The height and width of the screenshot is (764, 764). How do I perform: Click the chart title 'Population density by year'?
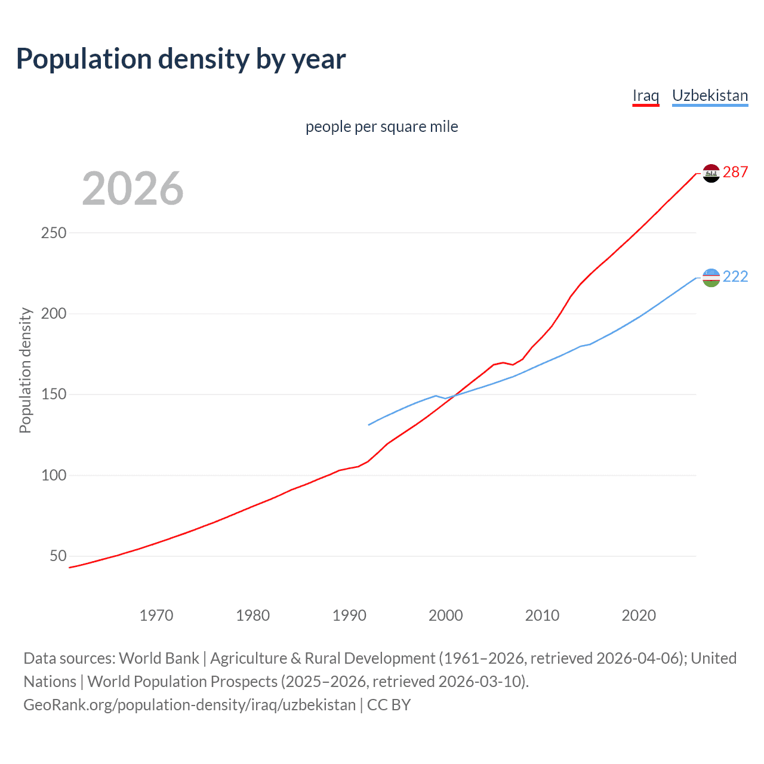click(x=181, y=59)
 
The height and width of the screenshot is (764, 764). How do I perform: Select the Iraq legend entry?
click(x=645, y=95)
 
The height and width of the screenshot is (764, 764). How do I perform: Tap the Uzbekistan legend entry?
click(x=710, y=95)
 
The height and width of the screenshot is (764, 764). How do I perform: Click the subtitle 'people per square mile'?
click(x=381, y=127)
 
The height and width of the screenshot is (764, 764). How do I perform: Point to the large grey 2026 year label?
click(x=133, y=189)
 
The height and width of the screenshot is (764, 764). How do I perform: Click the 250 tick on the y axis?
click(x=54, y=233)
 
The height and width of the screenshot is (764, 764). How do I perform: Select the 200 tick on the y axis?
click(x=54, y=313)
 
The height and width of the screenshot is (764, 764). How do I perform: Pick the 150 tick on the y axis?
click(x=54, y=395)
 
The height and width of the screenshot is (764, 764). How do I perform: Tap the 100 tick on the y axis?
click(x=54, y=475)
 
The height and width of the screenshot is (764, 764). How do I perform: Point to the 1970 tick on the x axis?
click(x=156, y=615)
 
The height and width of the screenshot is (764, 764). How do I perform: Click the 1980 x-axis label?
click(x=252, y=615)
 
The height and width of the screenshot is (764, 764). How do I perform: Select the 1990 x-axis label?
click(x=349, y=615)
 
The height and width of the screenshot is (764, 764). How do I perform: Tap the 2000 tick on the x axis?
click(x=446, y=615)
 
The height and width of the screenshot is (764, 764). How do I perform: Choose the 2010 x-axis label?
click(x=542, y=615)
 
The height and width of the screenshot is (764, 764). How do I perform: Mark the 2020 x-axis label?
click(x=639, y=615)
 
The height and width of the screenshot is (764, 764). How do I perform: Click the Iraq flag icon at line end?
click(x=711, y=173)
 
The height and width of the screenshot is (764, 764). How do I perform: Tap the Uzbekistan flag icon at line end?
click(x=711, y=278)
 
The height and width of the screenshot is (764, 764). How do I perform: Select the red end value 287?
click(x=735, y=172)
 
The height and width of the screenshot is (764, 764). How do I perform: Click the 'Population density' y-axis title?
click(x=25, y=370)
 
